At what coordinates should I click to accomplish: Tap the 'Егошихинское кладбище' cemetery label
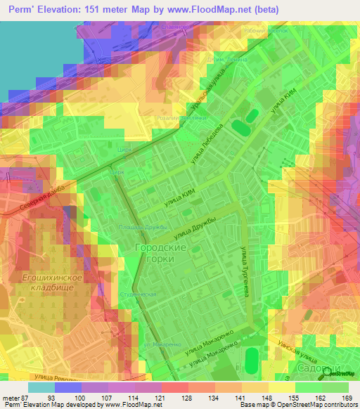(x=53, y=284)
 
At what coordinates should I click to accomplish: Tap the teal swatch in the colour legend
(x=41, y=387)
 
